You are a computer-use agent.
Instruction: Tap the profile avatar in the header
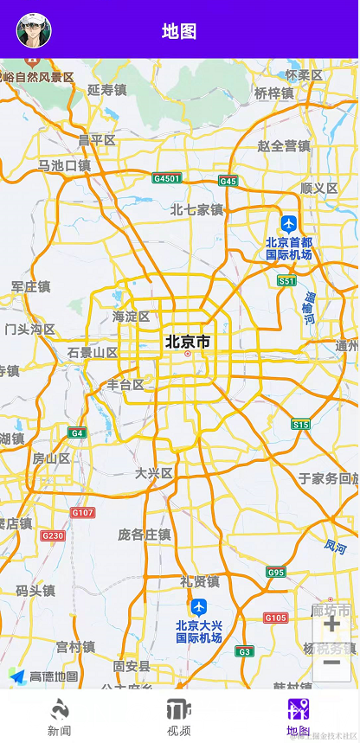click(34, 30)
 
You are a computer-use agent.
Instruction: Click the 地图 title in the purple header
click(179, 32)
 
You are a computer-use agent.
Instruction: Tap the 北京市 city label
click(188, 343)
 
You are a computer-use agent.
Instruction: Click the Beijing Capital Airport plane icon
click(288, 224)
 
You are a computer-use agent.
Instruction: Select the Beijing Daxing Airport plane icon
click(199, 607)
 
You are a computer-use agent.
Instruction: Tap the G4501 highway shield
click(166, 178)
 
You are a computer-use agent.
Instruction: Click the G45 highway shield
click(228, 181)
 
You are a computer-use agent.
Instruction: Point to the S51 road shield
click(286, 280)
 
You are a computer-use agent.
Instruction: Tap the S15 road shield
click(300, 424)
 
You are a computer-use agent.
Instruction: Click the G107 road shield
click(82, 513)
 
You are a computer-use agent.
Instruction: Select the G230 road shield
click(52, 535)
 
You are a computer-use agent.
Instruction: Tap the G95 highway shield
click(276, 572)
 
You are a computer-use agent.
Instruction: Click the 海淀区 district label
click(132, 317)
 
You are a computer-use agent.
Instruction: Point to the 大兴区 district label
click(154, 473)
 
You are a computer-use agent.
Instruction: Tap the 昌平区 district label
click(97, 140)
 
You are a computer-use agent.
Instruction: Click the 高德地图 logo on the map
click(43, 676)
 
